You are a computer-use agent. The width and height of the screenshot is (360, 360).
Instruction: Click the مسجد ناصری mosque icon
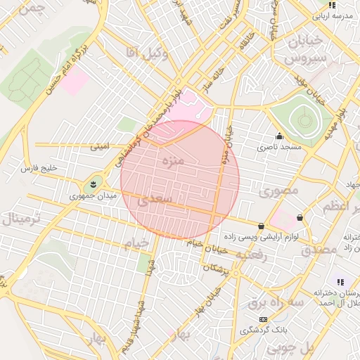(280, 136)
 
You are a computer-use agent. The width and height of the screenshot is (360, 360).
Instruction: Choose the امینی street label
(99, 148)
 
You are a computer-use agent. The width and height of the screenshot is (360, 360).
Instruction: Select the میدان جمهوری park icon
(92, 184)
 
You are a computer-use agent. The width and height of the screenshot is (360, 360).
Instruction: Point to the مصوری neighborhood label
(278, 191)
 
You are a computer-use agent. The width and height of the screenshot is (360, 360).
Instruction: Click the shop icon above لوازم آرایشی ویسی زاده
(262, 226)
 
